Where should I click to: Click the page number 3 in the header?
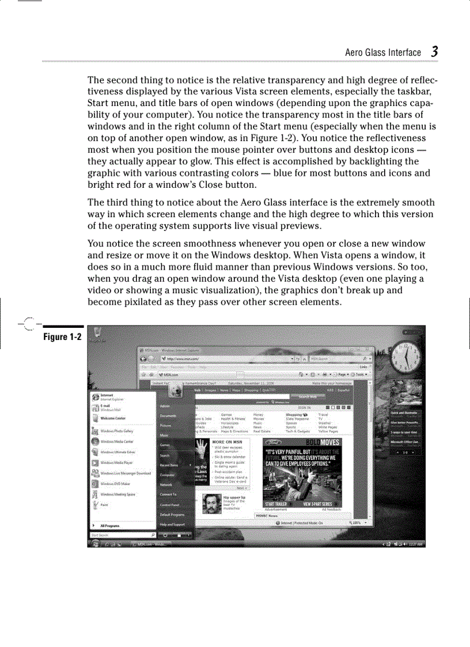pos(434,51)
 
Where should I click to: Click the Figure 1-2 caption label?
pos(62,336)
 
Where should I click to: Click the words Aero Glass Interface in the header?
pos(382,52)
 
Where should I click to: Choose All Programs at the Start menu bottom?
pos(109,526)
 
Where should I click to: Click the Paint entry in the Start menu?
pos(104,505)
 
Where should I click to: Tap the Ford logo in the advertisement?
pos(274,442)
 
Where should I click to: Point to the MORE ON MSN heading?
pos(222,442)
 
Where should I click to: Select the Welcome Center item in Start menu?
pos(113,418)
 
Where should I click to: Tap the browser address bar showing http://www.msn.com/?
pos(225,358)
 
